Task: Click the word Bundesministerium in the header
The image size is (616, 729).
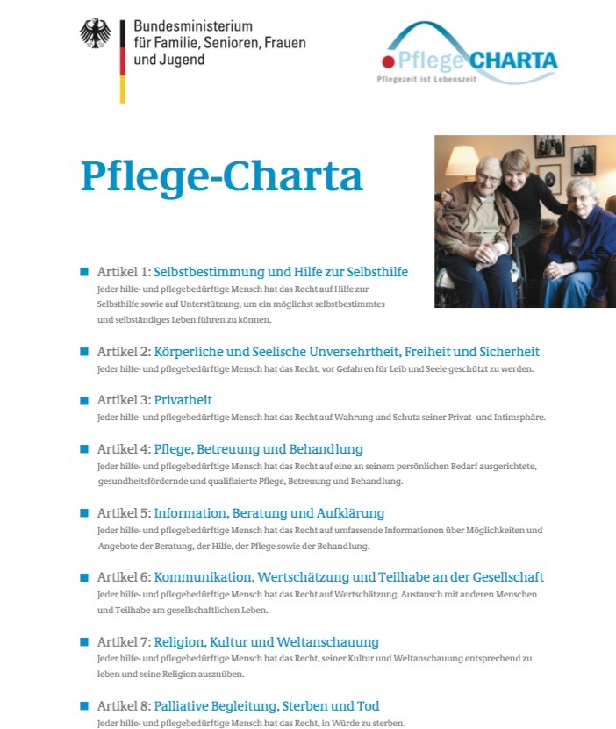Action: pos(193,27)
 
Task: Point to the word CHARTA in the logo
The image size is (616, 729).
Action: pos(513,61)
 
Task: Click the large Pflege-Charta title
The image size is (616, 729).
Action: pos(221,175)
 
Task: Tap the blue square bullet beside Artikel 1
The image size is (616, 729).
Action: pos(84,272)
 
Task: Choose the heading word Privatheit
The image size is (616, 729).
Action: pos(183,400)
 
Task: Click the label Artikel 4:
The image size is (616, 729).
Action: pos(124,449)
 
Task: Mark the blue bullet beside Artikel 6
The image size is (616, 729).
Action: pos(84,577)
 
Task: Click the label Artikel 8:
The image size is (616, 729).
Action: pos(124,706)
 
